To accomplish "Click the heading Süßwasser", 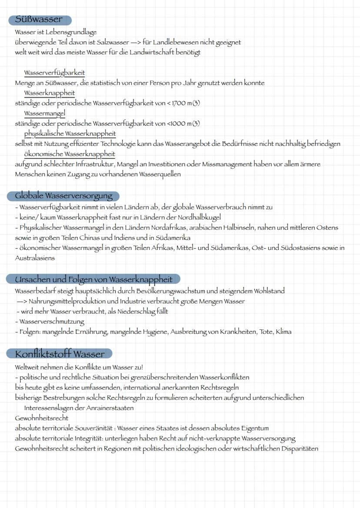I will tap(39, 20).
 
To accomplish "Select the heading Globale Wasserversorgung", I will tap(63, 196).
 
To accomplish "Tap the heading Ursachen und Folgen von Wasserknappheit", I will tap(93, 279).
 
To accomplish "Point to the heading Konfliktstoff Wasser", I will tap(60, 353).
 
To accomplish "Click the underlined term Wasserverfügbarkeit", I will tap(54, 73).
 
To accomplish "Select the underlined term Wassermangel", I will tap(44, 113).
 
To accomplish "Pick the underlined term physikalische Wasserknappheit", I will tap(70, 133).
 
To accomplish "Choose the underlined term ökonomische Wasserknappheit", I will tap(70, 154).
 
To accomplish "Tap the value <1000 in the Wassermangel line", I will tap(176, 123).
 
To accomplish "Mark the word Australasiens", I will tap(35, 258).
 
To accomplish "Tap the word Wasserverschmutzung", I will tap(52, 322).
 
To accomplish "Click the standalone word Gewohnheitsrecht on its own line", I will tap(41, 418).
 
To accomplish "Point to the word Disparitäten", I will tap(297, 448).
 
